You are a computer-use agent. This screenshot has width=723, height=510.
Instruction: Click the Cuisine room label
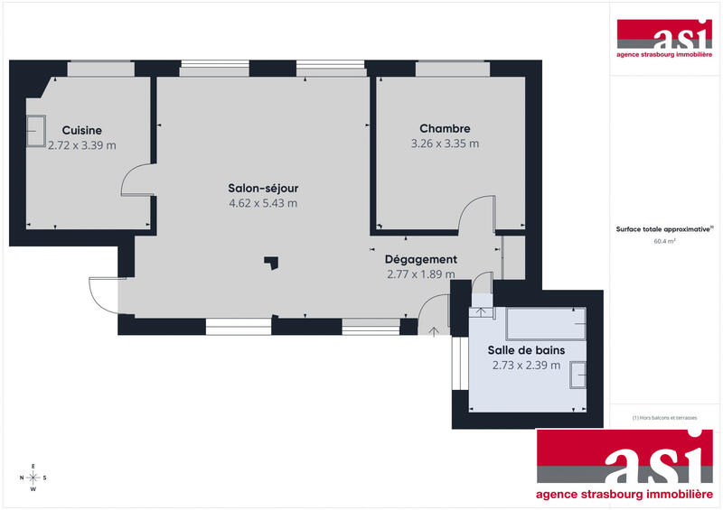[x=81, y=130]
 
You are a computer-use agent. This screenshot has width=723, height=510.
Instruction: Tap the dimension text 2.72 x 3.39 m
[x=81, y=144]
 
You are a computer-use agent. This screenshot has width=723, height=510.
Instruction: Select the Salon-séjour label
[x=263, y=189]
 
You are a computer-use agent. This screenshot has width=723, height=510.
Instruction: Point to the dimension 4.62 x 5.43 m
[x=263, y=203]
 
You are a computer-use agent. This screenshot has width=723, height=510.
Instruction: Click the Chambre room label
[x=445, y=129]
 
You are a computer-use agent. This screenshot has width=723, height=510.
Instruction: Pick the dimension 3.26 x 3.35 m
[x=445, y=144]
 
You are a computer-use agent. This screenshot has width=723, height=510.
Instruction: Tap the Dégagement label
[x=420, y=260]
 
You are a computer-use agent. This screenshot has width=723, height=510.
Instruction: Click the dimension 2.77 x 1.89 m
[x=420, y=274]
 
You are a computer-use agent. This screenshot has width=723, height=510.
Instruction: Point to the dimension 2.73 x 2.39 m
[x=526, y=366]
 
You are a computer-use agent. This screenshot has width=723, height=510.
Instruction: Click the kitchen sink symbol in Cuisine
[x=37, y=130]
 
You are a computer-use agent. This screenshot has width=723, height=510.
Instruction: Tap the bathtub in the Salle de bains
[x=546, y=322]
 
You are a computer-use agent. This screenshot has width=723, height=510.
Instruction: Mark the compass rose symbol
[x=33, y=478]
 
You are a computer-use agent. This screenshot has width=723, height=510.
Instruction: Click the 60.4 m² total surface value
[x=665, y=242]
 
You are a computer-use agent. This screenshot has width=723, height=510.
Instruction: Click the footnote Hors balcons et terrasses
[x=665, y=417]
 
